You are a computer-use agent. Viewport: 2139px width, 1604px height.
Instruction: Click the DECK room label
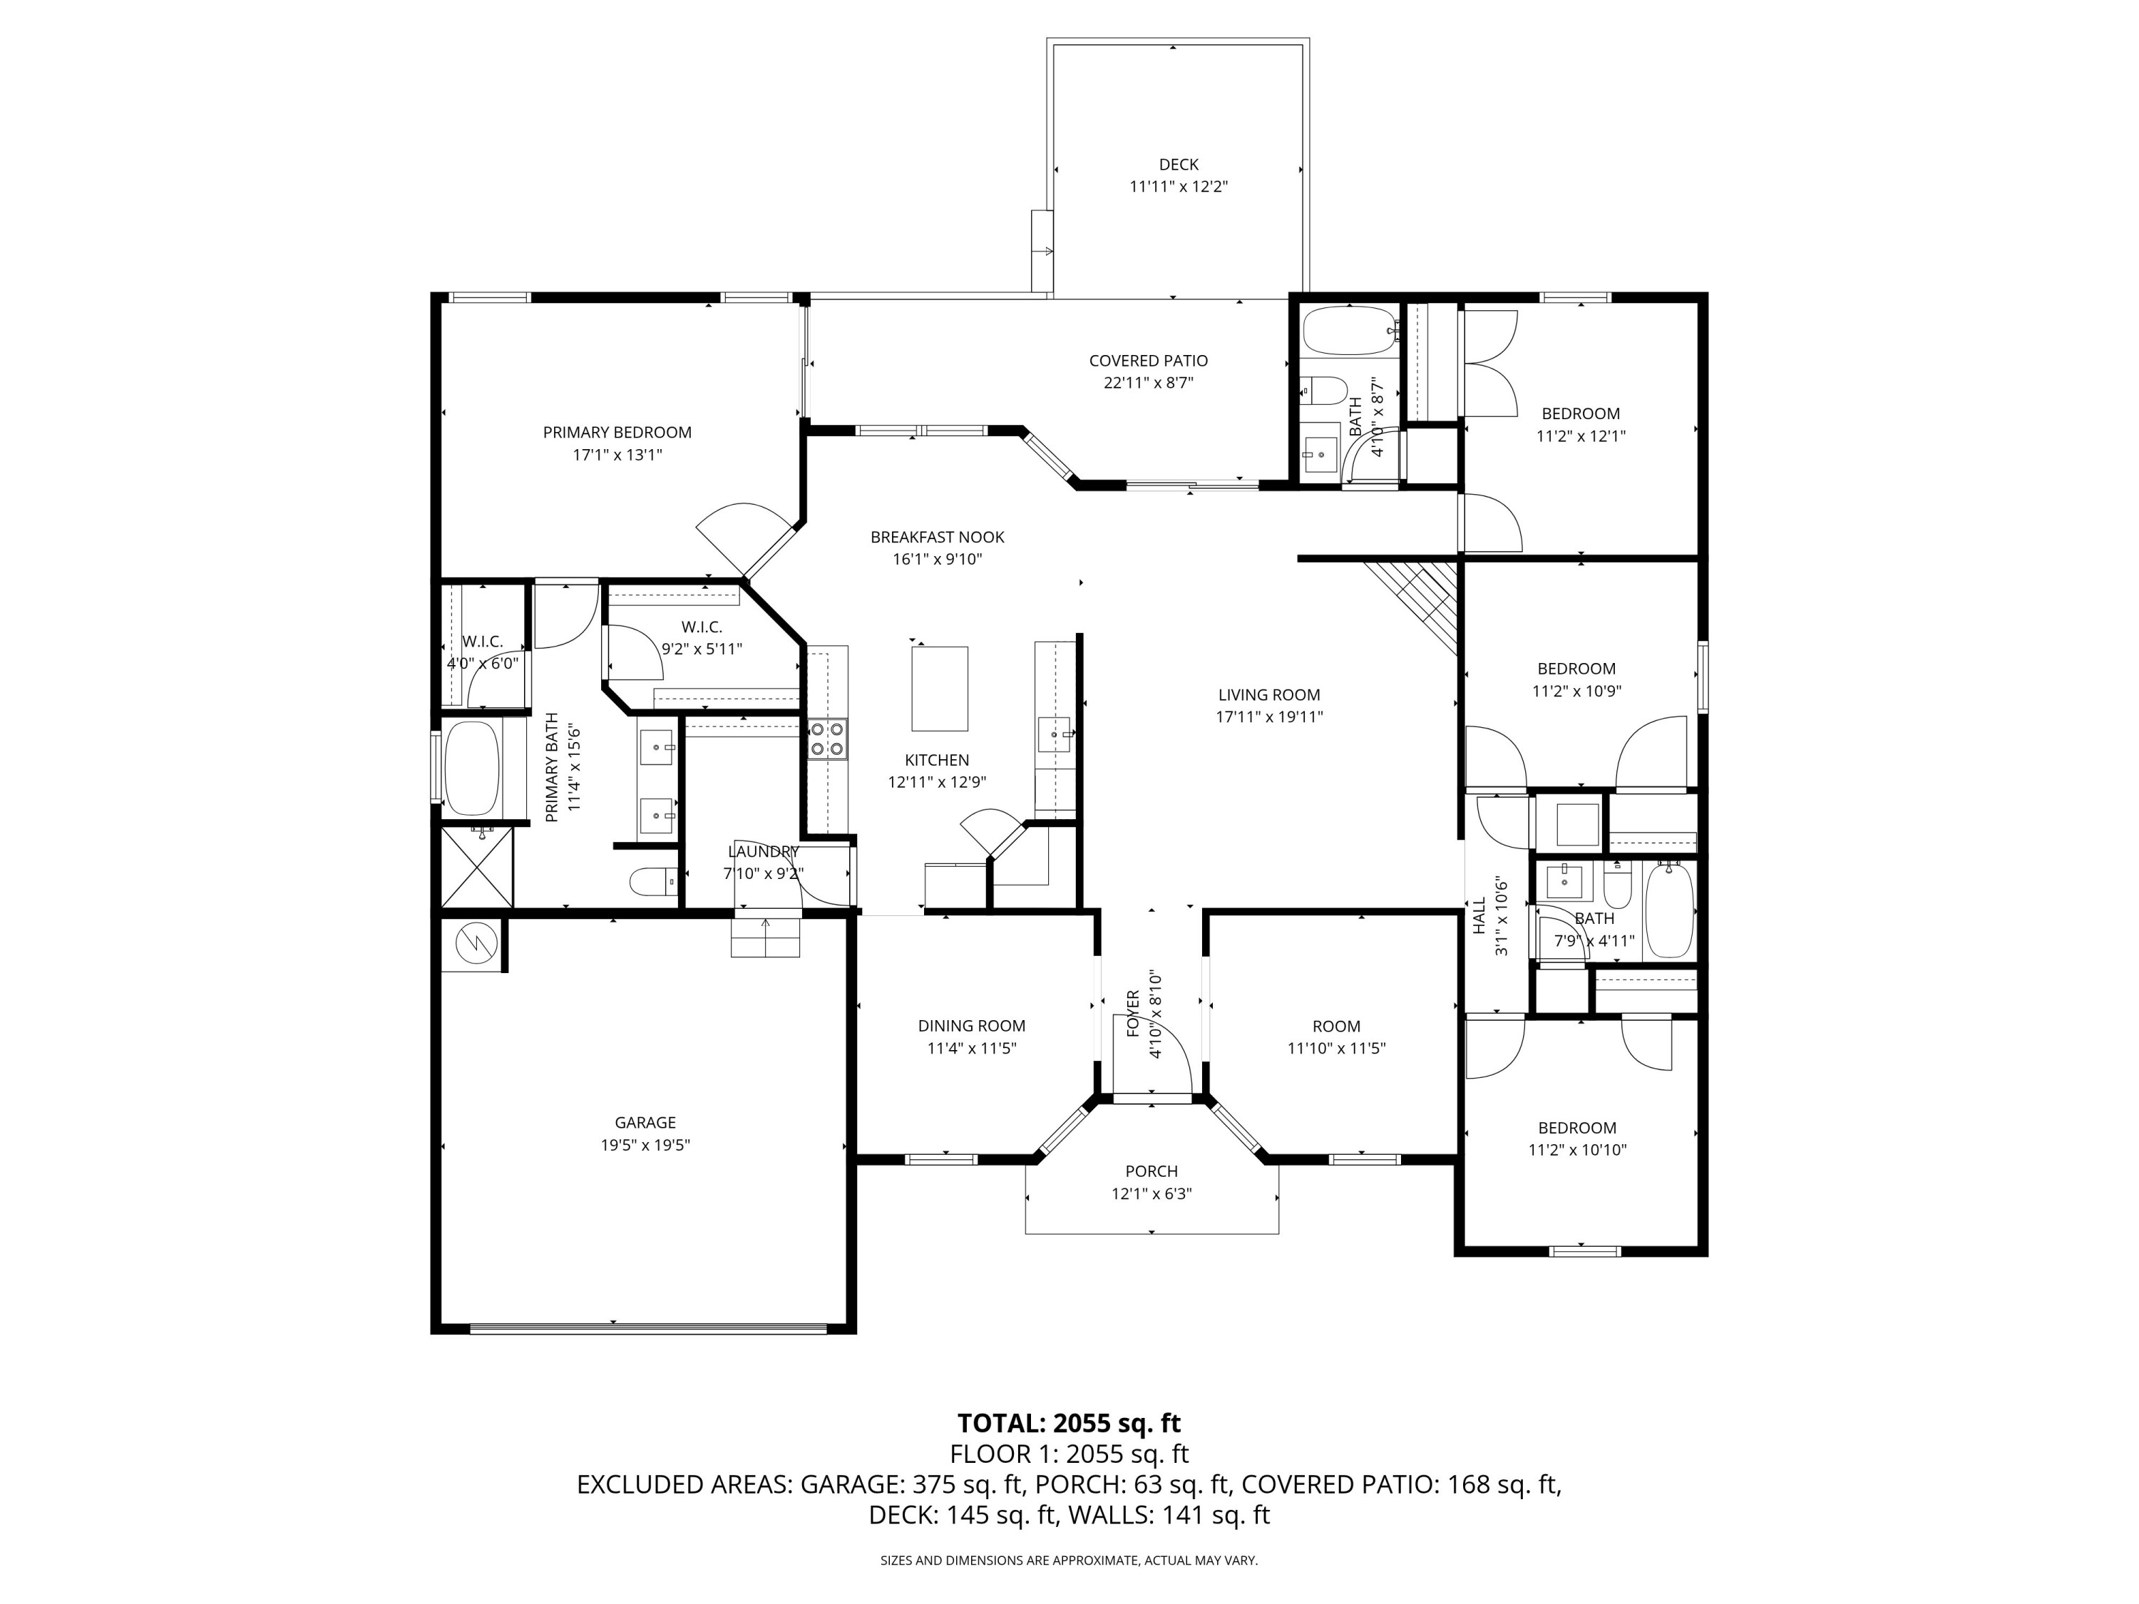[x=1178, y=165]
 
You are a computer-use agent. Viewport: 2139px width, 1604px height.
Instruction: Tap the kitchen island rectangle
[x=939, y=689]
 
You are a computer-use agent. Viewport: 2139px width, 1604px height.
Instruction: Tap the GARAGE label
[x=645, y=1123]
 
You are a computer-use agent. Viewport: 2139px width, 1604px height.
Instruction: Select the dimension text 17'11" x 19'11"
[x=1268, y=716]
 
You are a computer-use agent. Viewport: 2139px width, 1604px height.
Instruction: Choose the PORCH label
[x=1151, y=1171]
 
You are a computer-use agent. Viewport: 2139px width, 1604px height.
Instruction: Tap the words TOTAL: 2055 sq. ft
[x=1069, y=1423]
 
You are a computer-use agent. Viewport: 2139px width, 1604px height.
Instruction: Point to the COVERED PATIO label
[x=1148, y=361]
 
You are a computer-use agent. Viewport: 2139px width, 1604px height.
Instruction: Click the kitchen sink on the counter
[x=1053, y=736]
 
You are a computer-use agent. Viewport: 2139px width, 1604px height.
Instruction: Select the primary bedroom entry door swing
[x=740, y=537]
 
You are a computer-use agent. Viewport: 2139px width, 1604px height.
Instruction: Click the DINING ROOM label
[x=971, y=1026]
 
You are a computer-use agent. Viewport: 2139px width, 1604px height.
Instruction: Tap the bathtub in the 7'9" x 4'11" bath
[x=1669, y=910]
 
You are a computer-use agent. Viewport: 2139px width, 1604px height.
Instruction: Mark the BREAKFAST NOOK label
[x=937, y=537]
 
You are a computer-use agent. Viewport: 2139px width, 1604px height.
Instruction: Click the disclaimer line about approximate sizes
[x=1069, y=1561]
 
